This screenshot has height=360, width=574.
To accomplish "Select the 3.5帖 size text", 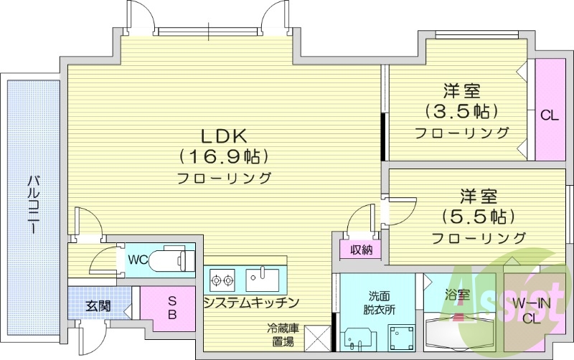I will (461, 111).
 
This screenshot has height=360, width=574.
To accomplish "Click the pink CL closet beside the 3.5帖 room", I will (550, 114).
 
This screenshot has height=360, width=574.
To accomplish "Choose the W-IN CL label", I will (531, 311).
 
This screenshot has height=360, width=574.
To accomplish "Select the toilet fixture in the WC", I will (173, 258).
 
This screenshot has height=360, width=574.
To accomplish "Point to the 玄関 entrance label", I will (98, 306).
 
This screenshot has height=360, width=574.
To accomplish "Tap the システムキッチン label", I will (250, 303).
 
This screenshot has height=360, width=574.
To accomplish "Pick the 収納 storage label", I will (361, 250).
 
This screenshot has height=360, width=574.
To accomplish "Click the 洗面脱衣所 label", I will (380, 303).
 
